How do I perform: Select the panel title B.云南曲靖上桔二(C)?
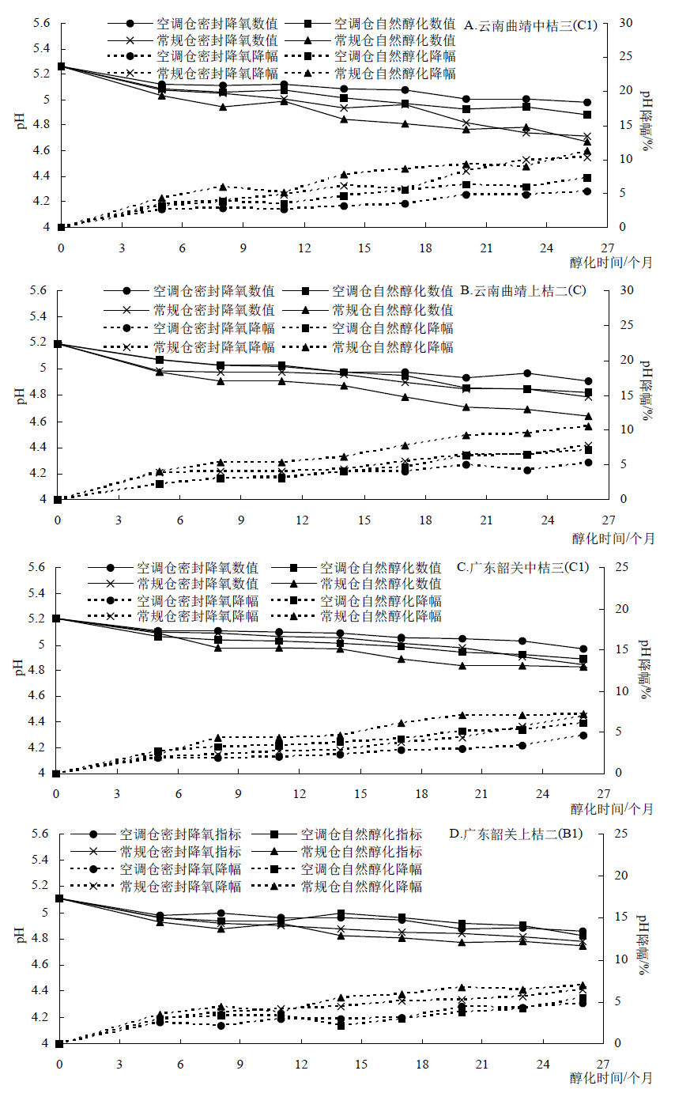522,290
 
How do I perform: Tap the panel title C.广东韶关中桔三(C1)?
522,567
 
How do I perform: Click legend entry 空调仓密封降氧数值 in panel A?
217,24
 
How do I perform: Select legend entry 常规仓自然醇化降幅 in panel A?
395,73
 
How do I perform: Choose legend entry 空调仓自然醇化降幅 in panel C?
380,600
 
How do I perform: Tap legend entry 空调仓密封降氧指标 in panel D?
180,834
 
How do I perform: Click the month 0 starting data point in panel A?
61,66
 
